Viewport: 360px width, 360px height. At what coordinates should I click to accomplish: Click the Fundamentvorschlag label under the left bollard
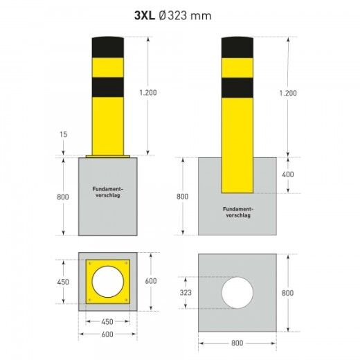tap(107, 190)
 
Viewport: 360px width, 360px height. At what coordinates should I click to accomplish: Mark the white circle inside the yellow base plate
tap(107, 282)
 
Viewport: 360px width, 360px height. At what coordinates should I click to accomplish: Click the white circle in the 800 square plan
tap(237, 293)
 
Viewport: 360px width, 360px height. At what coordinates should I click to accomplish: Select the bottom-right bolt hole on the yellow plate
tap(125, 300)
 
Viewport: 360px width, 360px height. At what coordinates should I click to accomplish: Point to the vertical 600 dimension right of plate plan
tap(149, 282)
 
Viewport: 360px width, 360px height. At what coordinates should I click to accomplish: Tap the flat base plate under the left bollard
tap(107, 156)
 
